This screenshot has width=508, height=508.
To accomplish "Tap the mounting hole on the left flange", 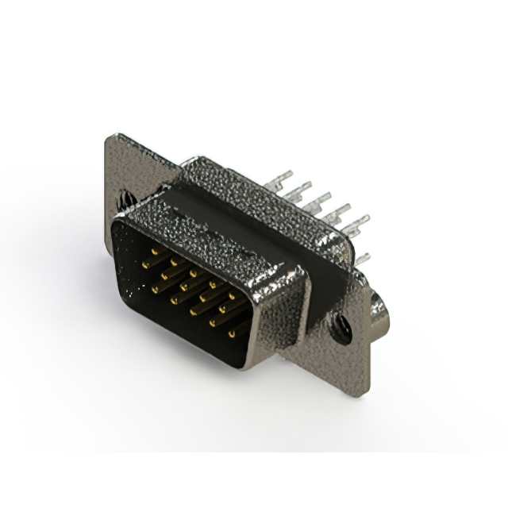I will (125, 194).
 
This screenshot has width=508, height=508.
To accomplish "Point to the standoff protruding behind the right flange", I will (379, 313).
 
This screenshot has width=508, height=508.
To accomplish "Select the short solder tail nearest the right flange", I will (361, 258).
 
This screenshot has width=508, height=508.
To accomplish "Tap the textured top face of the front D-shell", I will (214, 230).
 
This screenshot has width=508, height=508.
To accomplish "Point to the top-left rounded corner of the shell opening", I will (119, 226).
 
